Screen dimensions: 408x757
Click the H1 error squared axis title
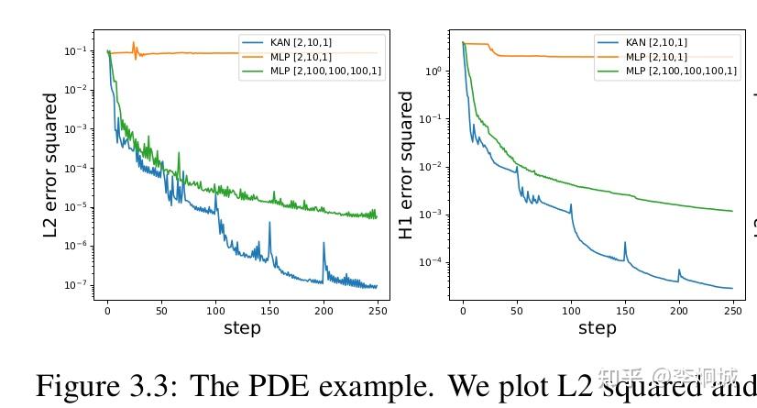click(406, 165)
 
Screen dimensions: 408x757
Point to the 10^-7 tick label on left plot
click(75, 285)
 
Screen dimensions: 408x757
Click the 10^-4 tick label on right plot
click(429, 262)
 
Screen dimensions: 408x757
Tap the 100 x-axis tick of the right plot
click(571, 311)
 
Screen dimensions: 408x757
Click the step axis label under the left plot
click(242, 328)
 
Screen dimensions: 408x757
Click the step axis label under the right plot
click(598, 328)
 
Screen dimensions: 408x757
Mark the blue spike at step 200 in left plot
click(324, 245)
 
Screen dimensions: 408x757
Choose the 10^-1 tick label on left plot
click(75, 51)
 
